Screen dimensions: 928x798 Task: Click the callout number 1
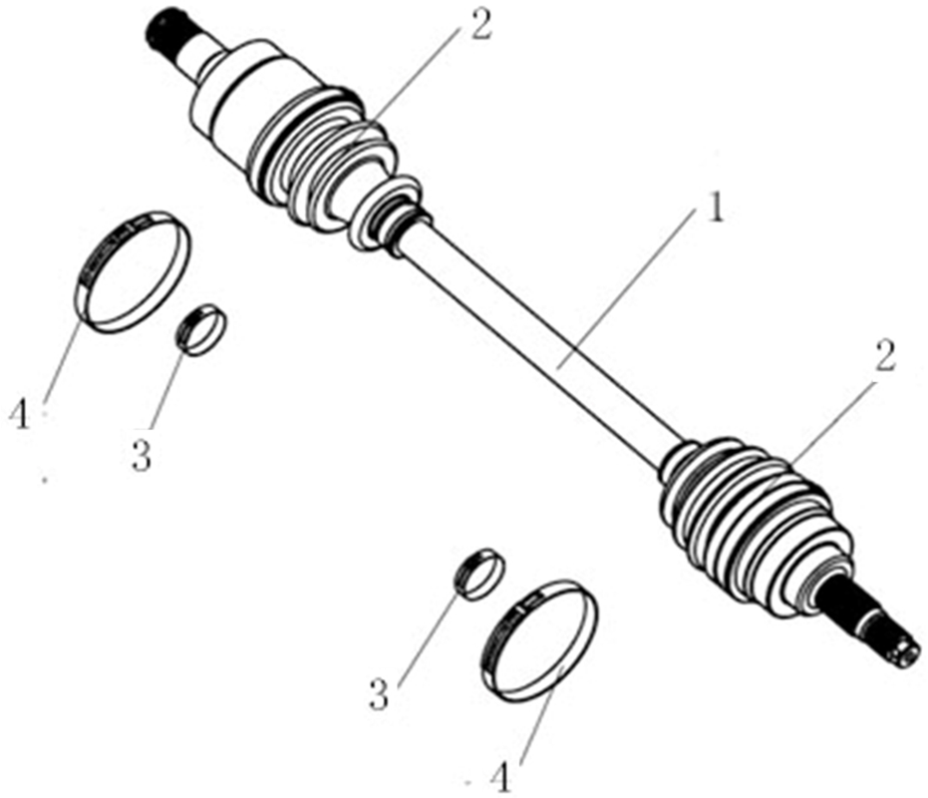[x=716, y=209]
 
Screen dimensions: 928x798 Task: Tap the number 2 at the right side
[x=885, y=357]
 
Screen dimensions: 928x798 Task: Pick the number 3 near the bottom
[x=380, y=695]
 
